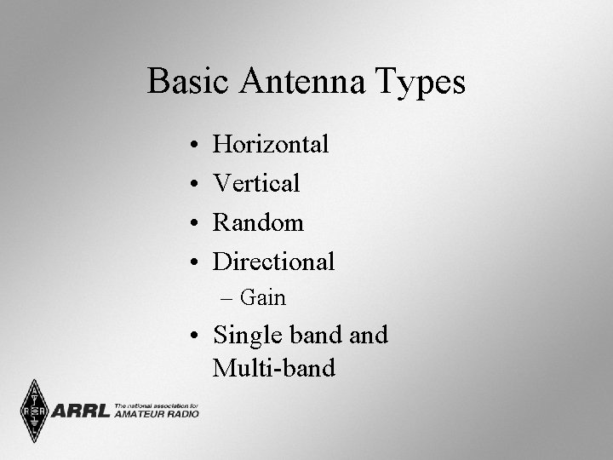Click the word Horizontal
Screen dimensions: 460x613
tap(271, 144)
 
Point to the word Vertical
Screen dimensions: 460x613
tap(256, 183)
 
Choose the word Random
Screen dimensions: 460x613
tap(258, 222)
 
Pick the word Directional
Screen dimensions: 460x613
tap(273, 262)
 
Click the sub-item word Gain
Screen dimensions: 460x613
tap(263, 298)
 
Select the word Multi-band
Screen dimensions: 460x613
tap(273, 368)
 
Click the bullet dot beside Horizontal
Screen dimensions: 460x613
tap(196, 146)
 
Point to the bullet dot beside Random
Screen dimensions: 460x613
tap(196, 224)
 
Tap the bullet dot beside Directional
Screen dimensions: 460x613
tap(196, 263)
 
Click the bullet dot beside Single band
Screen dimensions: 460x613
tap(196, 336)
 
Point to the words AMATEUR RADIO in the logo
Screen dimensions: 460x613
tap(156, 415)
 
